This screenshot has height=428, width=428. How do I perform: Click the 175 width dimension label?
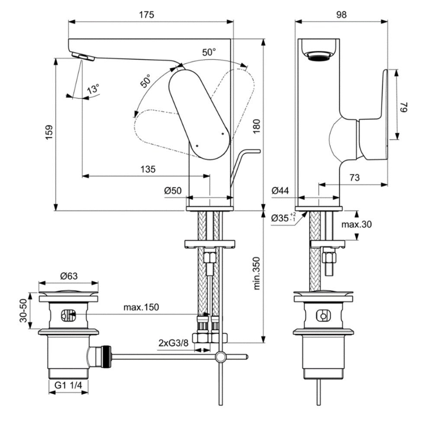click(x=147, y=14)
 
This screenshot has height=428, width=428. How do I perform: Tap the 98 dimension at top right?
click(x=341, y=14)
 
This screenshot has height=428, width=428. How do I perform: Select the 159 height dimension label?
click(x=49, y=133)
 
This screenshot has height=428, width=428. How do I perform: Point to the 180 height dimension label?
click(x=257, y=126)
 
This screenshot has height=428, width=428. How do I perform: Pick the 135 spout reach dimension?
click(x=148, y=169)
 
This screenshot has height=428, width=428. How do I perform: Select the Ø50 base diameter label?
click(x=173, y=190)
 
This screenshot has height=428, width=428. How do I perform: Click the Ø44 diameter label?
click(x=280, y=190)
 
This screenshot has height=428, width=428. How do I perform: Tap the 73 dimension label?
click(x=354, y=178)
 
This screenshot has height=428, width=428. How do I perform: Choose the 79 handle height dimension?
click(x=404, y=107)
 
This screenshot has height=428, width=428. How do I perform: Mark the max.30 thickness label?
click(x=357, y=224)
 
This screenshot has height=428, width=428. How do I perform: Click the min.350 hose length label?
click(x=257, y=273)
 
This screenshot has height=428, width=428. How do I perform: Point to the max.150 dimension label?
click(x=141, y=307)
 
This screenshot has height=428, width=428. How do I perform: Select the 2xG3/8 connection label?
click(x=174, y=343)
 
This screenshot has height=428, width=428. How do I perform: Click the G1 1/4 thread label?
click(x=68, y=385)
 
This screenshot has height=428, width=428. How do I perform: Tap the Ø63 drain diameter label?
click(x=69, y=276)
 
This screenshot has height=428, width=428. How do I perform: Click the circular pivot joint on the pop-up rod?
click(x=221, y=357)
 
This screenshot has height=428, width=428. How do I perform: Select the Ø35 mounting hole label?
click(x=283, y=218)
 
